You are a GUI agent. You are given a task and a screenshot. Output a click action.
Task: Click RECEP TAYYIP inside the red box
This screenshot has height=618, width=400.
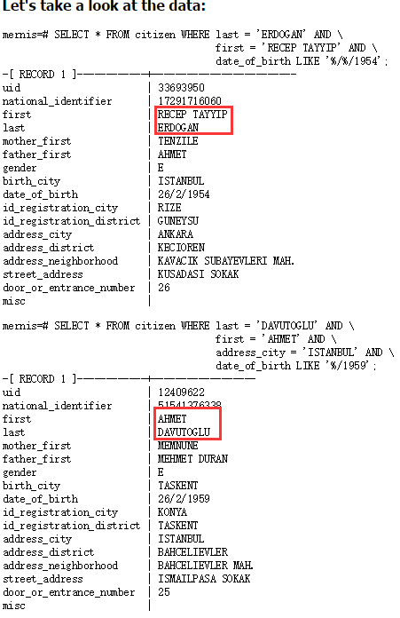[192, 115]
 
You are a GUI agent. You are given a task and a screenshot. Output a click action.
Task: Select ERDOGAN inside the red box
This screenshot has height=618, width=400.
[178, 128]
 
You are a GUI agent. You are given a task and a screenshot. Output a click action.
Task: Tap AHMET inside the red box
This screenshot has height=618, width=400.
[172, 419]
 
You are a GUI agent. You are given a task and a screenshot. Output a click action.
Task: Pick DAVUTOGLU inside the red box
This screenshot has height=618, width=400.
[184, 432]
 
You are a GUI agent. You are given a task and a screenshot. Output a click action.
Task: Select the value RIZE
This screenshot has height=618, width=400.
[169, 208]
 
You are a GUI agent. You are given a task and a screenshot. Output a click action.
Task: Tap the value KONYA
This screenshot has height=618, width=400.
[172, 512]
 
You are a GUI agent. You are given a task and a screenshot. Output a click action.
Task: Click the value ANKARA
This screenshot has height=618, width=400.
[176, 234]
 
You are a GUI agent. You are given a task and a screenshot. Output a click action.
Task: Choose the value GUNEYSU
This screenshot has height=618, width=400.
[178, 221]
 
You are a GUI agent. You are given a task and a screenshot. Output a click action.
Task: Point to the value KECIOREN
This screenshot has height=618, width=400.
[181, 248]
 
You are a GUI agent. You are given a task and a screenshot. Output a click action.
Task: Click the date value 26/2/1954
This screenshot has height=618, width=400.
[184, 194]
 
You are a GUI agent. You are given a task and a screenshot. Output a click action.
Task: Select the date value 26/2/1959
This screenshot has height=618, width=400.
[184, 499]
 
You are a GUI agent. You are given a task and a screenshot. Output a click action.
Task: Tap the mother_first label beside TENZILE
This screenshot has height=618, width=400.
[36, 141]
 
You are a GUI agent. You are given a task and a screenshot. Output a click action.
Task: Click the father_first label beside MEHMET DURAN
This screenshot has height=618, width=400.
[36, 459]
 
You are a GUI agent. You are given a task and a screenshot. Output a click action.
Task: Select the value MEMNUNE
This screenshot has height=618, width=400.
[178, 446]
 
